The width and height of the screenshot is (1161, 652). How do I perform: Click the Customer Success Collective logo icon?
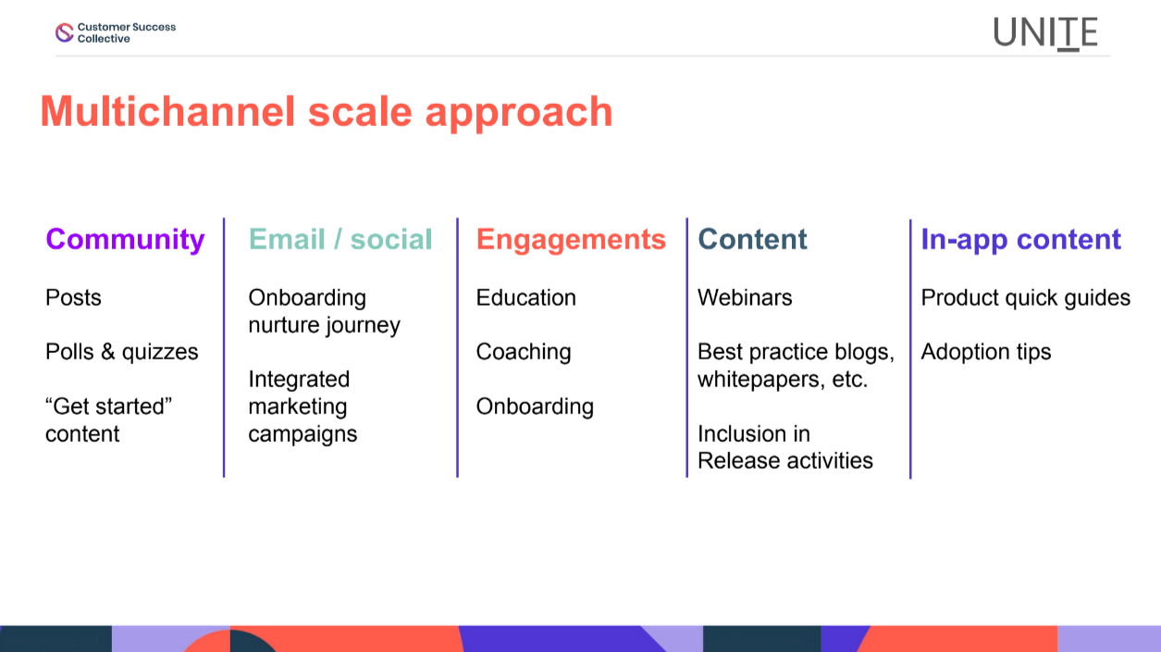tap(64, 32)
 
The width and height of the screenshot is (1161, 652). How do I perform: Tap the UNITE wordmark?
tap(1045, 33)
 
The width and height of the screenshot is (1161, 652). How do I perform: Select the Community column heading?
tap(125, 240)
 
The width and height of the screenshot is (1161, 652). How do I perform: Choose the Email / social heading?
tap(340, 239)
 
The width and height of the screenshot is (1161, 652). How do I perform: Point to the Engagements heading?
tap(571, 240)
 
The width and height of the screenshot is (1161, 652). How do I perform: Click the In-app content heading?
tap(1020, 240)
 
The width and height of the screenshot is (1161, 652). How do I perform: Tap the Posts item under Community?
tap(73, 297)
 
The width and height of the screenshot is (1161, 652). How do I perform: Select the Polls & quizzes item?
tap(122, 352)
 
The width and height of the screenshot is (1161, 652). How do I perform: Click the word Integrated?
tap(299, 380)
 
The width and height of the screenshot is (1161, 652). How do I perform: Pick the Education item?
tap(526, 297)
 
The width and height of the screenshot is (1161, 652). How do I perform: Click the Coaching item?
tap(524, 352)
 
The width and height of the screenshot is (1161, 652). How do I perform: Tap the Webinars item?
tap(745, 297)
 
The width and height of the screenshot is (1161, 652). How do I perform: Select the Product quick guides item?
tap(1026, 298)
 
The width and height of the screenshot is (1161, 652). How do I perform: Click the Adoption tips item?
tap(986, 352)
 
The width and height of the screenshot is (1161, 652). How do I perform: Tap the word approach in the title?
tap(519, 114)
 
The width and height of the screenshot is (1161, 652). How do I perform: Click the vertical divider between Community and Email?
tap(224, 347)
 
